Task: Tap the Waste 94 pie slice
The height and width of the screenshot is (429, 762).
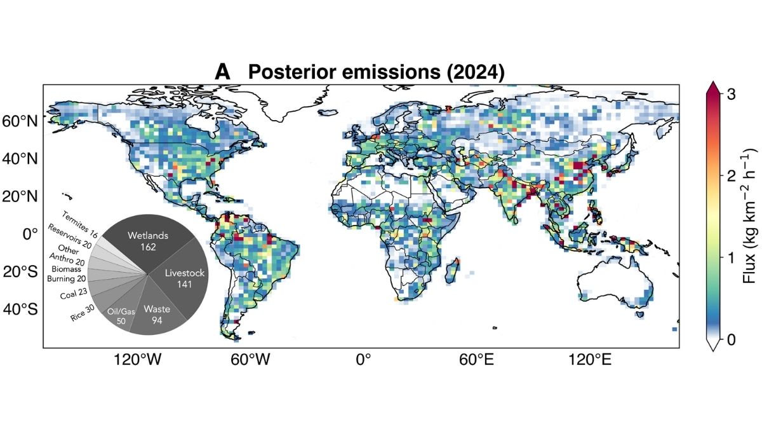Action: coord(156,312)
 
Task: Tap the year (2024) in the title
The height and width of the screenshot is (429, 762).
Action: coord(476,72)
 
